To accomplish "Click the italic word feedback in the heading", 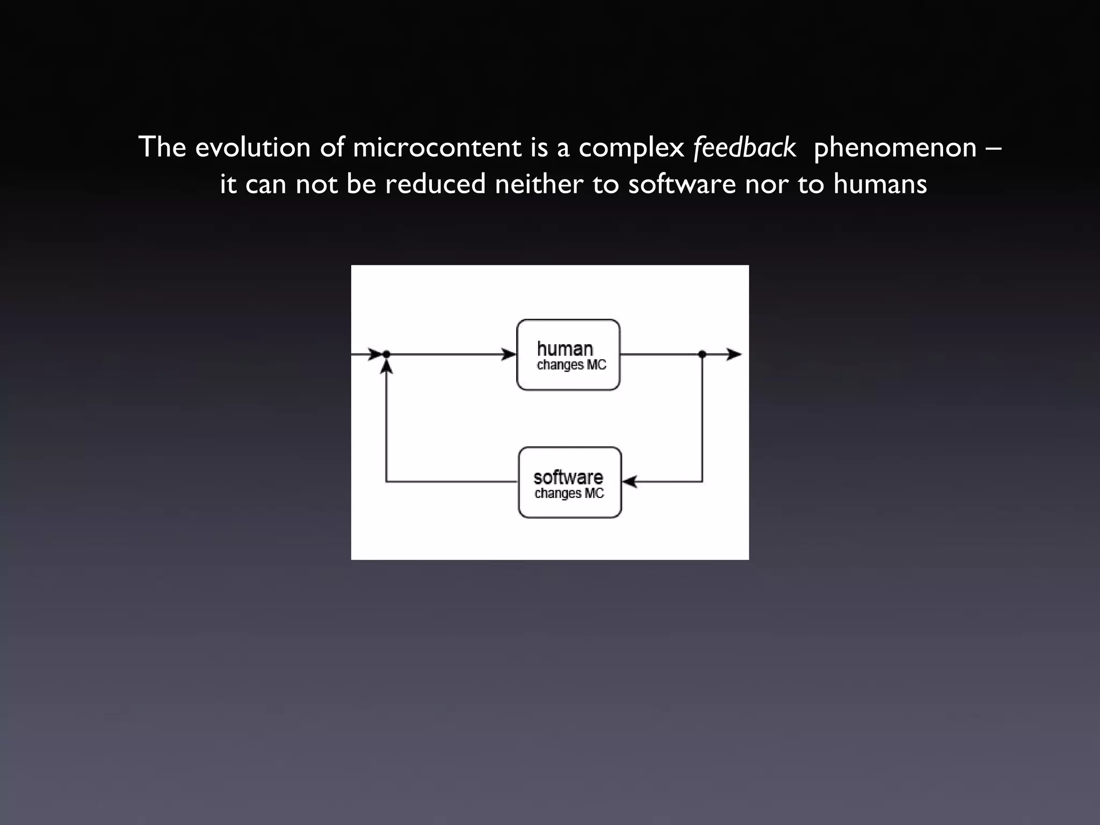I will point(744,148).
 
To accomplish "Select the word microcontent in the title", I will point(437,148).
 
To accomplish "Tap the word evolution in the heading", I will point(252,148).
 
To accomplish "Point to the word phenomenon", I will point(895,148).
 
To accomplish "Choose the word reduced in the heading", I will point(435,184).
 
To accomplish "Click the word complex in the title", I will point(631,148).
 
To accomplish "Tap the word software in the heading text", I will point(682,184).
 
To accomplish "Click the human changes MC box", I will point(568,355).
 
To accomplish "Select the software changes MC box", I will point(569,482).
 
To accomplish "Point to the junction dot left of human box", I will point(386,354).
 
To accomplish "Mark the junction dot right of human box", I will point(702,354).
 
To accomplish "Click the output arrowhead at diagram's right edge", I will point(734,354).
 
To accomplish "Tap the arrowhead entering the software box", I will point(629,482).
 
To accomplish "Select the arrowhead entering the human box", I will point(509,354).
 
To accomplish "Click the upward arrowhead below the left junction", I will point(386,367).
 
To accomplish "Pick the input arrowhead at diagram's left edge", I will point(375,354).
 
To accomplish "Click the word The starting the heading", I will point(162,148).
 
